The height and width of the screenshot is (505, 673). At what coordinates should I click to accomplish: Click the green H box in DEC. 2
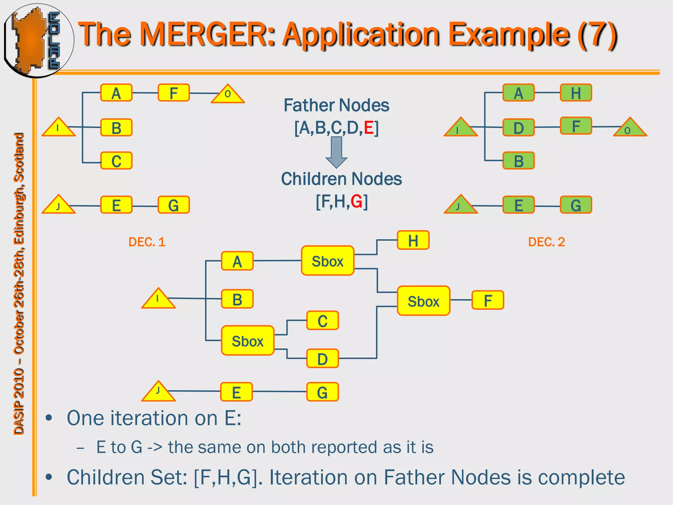coord(576,93)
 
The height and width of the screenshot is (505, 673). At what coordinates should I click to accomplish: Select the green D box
coord(518,128)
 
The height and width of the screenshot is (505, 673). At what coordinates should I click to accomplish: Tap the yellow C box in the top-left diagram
coord(116,161)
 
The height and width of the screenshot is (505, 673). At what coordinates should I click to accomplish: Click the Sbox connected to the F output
coord(423,301)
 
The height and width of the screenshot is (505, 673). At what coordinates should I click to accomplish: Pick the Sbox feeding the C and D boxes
coord(247,341)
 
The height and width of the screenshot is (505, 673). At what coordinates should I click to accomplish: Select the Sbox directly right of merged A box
coord(327,261)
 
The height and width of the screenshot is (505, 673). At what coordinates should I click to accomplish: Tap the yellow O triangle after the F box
coord(228,95)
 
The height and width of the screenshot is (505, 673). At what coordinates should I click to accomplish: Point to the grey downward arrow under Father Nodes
coord(336,152)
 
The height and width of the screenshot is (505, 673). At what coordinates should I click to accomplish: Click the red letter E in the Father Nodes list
coord(369,128)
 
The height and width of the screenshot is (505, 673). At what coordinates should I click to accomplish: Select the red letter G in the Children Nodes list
coord(357,201)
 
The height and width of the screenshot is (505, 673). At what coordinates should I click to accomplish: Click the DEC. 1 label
coord(147,242)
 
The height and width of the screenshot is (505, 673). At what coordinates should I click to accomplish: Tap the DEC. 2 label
coord(546,242)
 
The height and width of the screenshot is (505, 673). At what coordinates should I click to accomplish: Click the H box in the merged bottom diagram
coord(413,240)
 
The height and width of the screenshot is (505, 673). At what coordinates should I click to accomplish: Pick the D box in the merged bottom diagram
coord(322,358)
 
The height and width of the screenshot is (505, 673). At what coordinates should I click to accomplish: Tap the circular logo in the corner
coord(38,40)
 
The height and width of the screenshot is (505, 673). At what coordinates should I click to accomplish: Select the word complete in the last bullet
coord(570,477)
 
